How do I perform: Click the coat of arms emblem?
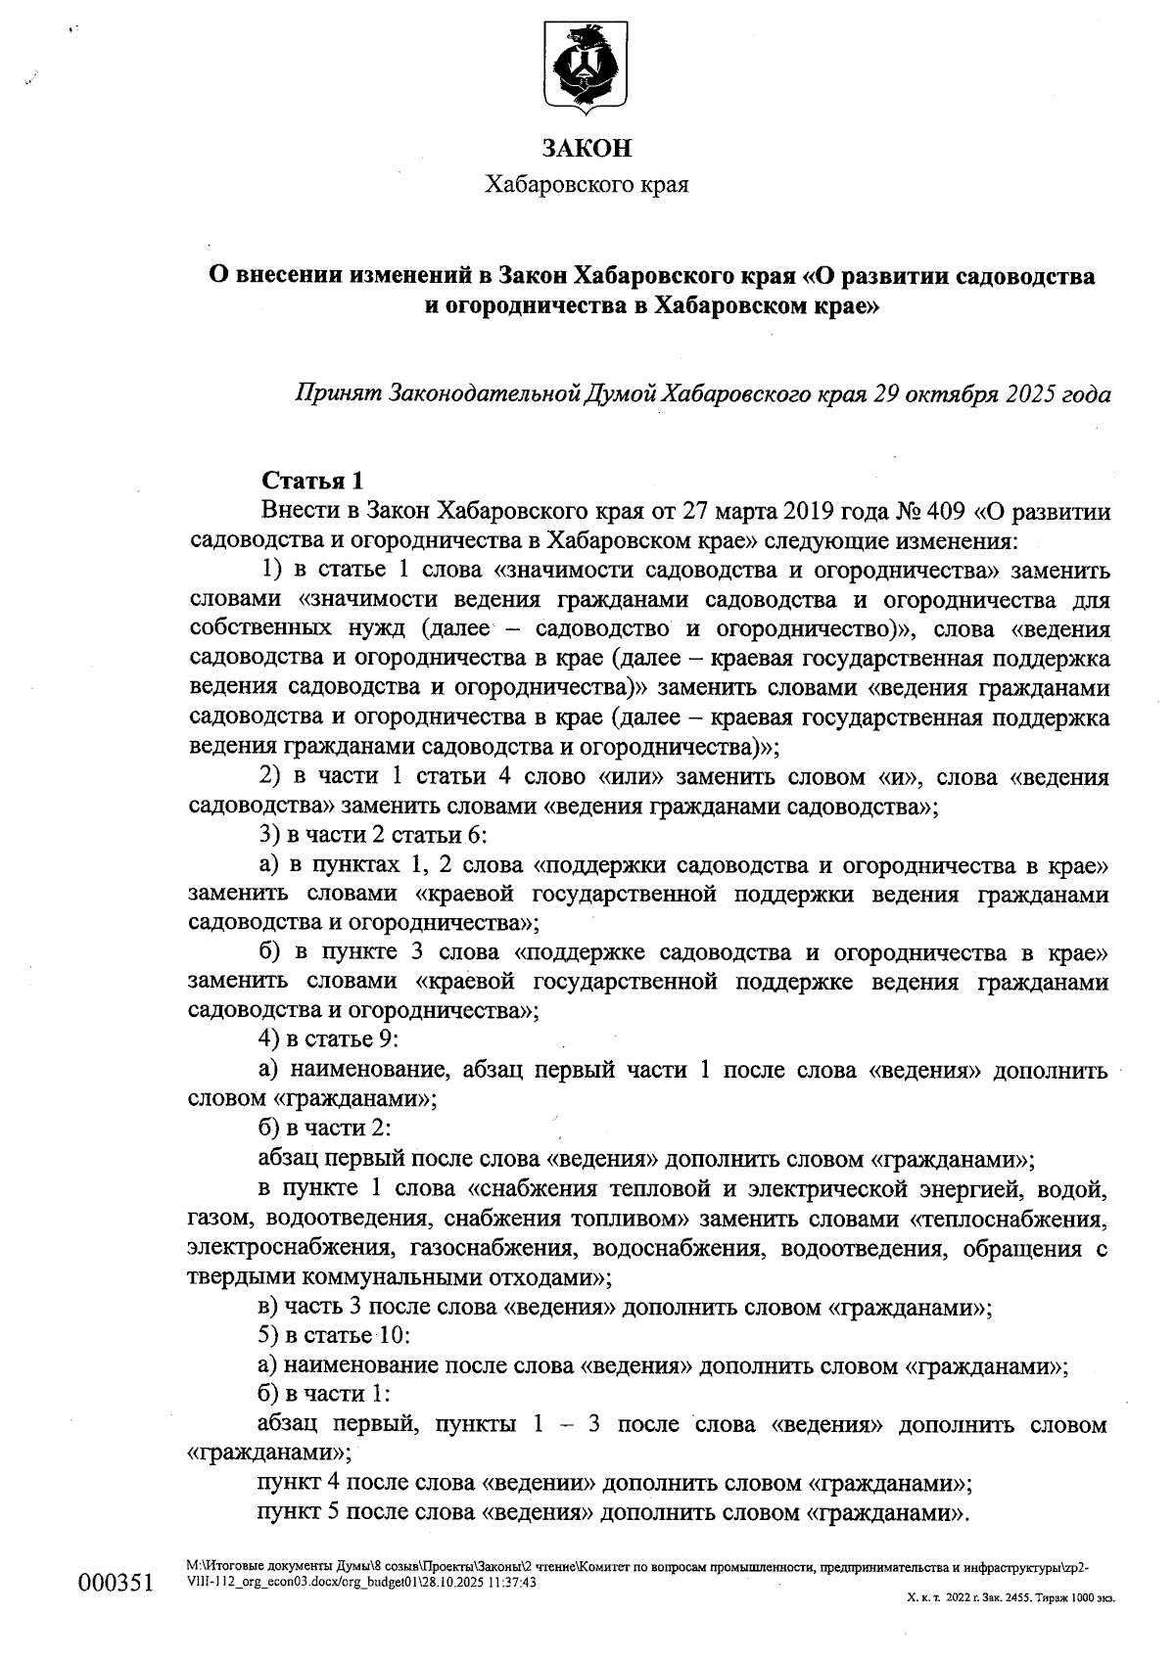(586, 67)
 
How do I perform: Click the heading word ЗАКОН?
(587, 148)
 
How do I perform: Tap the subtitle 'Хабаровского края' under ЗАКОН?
(587, 185)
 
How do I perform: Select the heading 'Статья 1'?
(312, 482)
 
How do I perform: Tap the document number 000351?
(117, 1583)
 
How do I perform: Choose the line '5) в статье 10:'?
(332, 1336)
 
